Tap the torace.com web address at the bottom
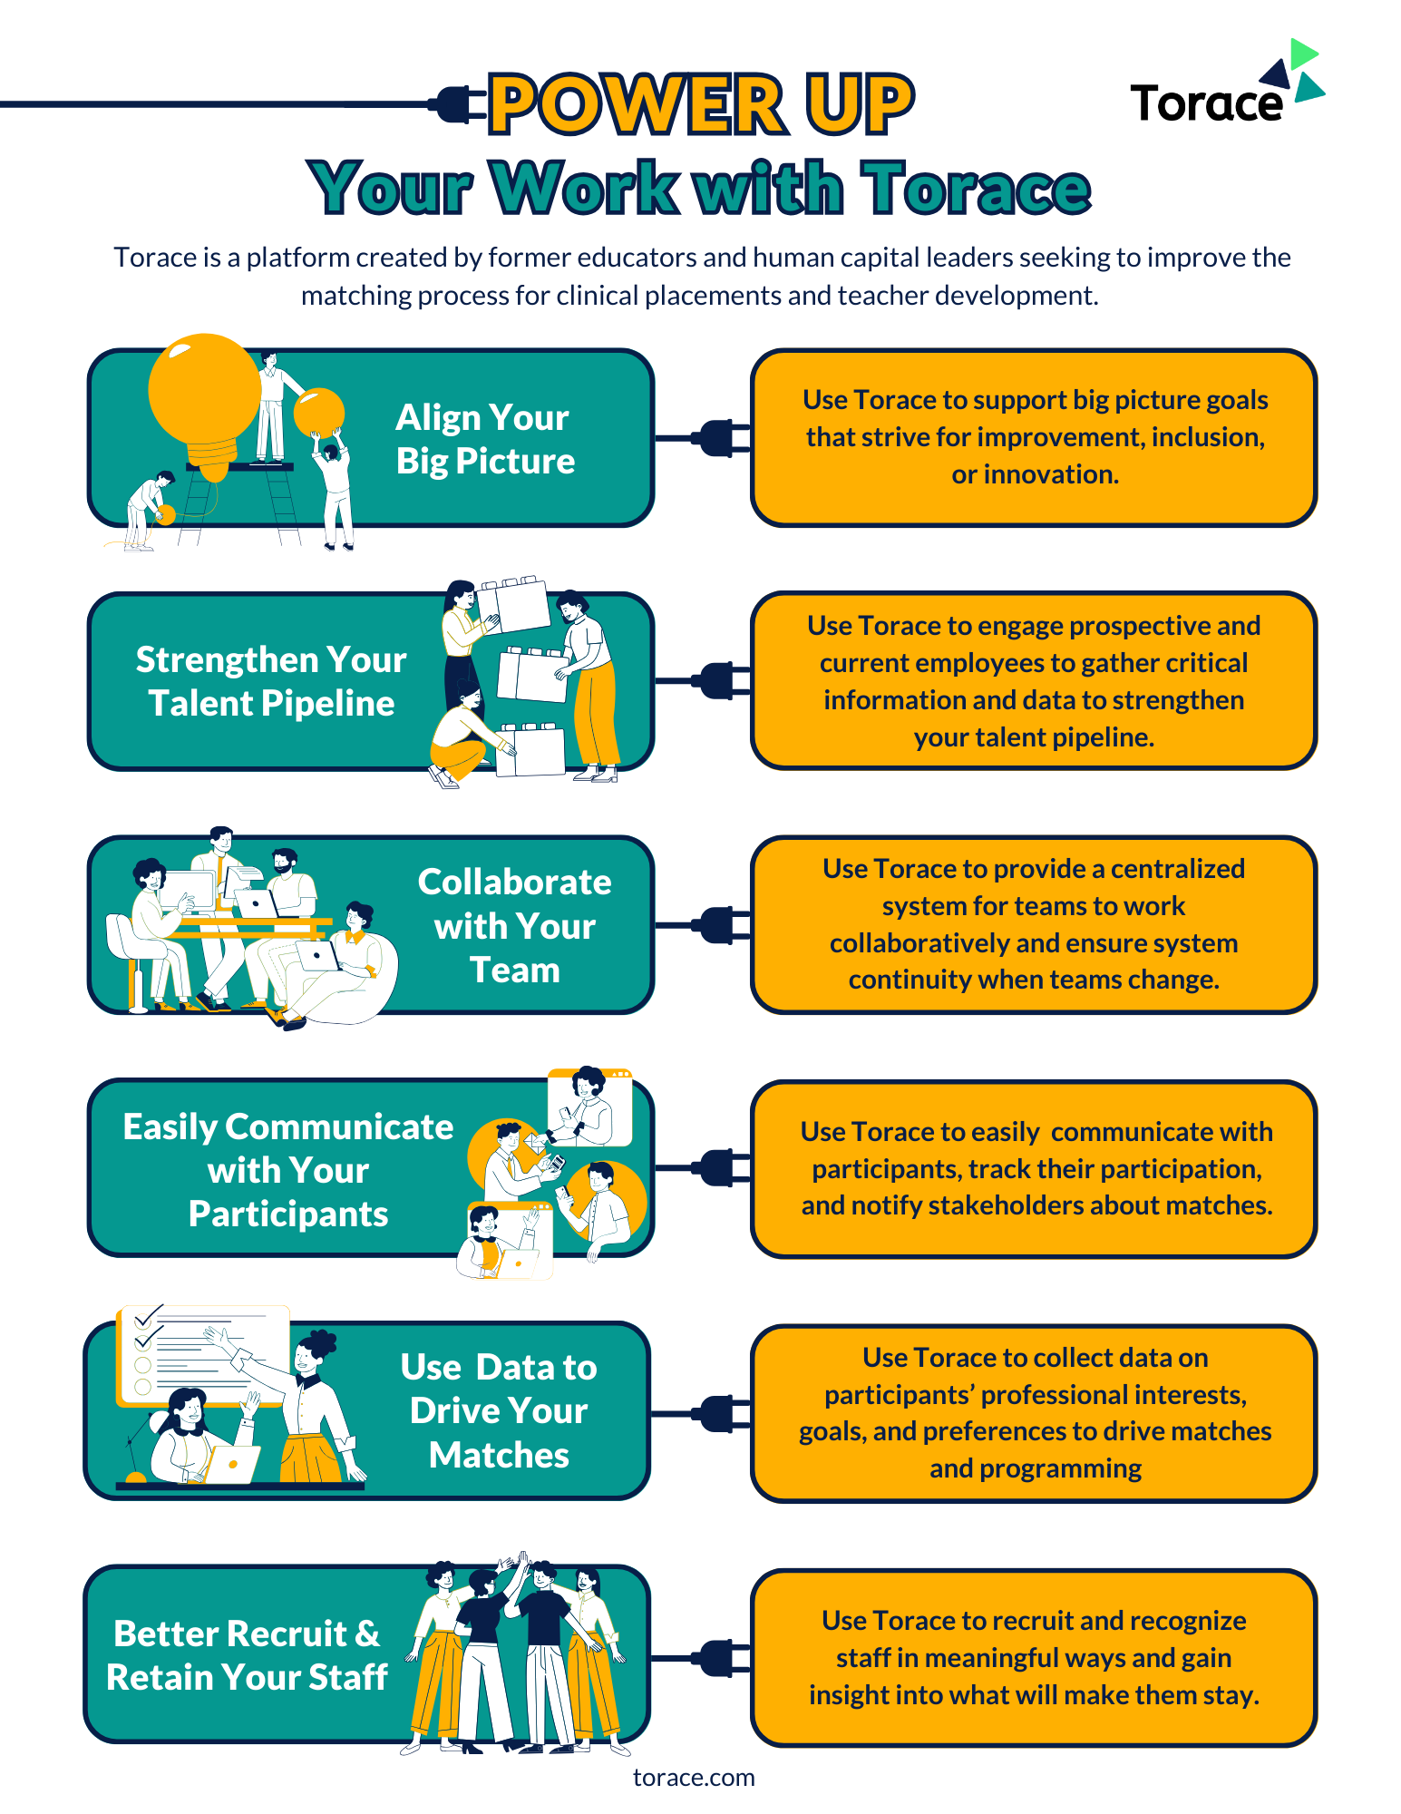pos(694,1778)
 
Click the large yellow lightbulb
pos(205,395)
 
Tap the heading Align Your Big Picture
pos(485,439)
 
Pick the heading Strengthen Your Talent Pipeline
pos(271,681)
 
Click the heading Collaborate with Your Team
pos(514,925)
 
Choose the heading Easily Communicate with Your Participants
pos(288,1170)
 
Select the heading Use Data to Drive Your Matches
pos(499,1410)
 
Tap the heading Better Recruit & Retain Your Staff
pos(247,1655)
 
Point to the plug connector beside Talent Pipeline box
pos(721,680)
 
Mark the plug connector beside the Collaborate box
pos(721,925)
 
